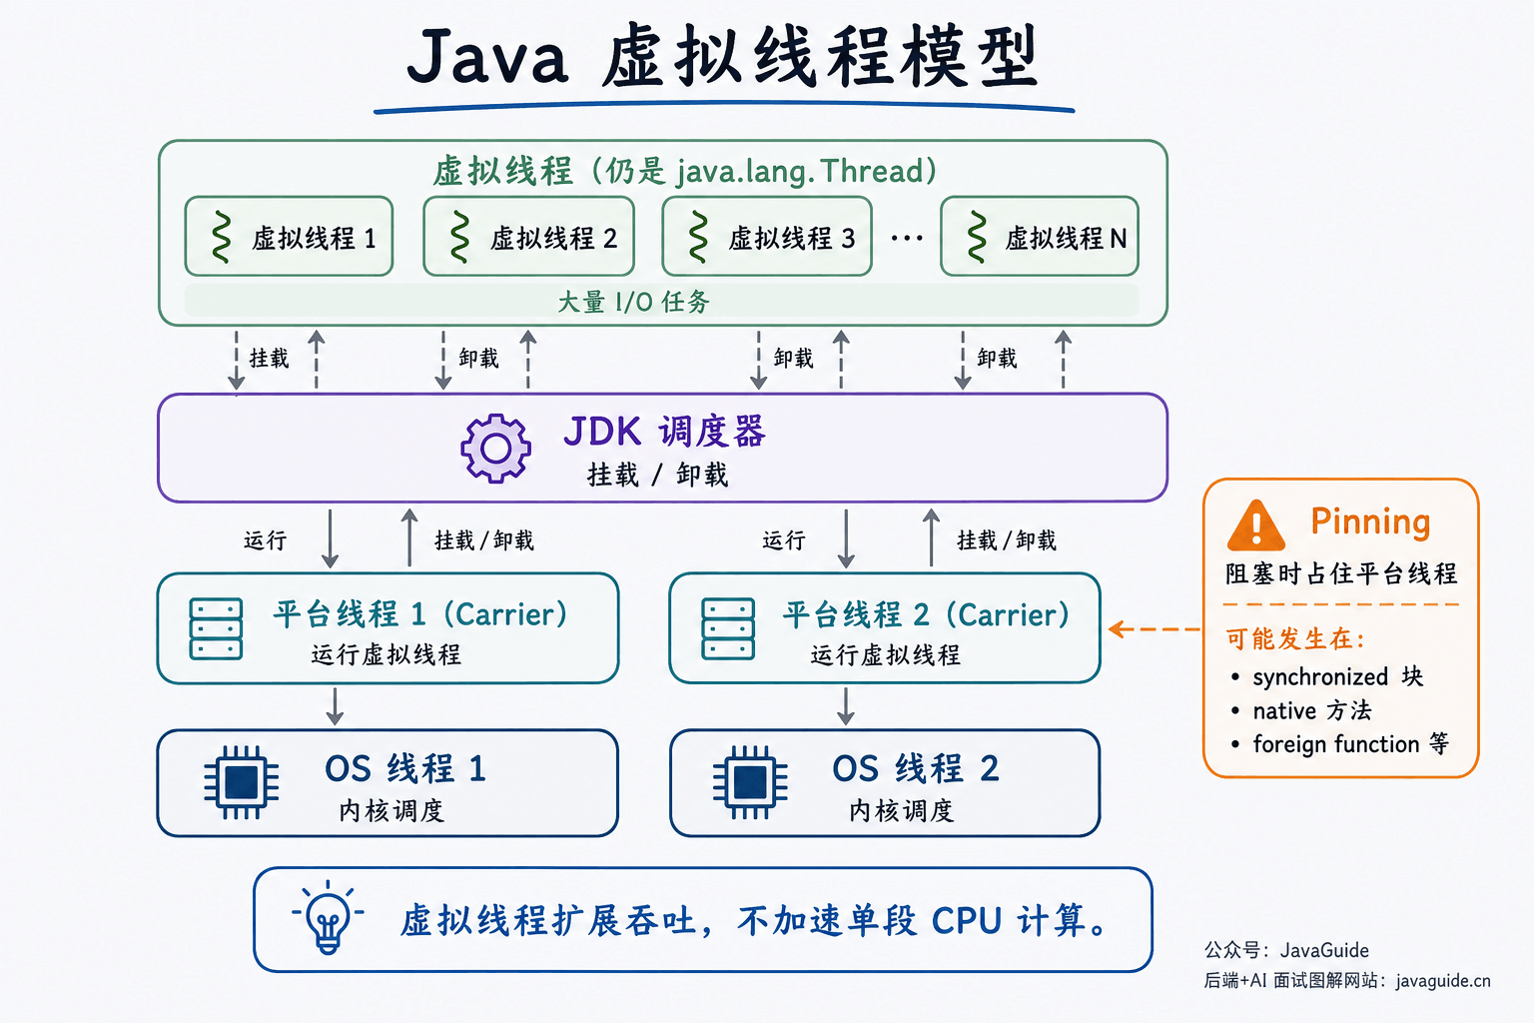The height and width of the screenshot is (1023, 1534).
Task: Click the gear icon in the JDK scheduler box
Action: (495, 449)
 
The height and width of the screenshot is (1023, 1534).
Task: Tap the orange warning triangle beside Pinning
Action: (1256, 526)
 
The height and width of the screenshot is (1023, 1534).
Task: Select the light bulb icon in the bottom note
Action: (328, 918)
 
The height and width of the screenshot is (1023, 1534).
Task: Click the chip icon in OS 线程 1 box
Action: (241, 782)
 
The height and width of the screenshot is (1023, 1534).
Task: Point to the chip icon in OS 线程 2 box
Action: (750, 782)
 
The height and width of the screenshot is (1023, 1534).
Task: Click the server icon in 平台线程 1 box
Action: (216, 629)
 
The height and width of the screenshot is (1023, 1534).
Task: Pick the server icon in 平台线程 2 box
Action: (728, 629)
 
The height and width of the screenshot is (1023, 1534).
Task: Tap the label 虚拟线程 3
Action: (792, 239)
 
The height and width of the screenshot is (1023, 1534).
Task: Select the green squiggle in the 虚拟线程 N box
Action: (977, 237)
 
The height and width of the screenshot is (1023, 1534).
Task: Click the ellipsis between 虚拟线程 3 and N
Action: (907, 239)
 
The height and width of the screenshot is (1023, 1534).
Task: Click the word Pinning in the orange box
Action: (1370, 522)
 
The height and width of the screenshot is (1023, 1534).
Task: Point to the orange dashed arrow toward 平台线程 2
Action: (1154, 629)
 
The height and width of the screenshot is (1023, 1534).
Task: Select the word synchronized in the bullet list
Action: (1320, 677)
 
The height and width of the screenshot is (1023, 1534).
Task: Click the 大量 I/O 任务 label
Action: (633, 302)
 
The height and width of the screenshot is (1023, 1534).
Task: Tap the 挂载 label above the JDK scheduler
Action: (269, 358)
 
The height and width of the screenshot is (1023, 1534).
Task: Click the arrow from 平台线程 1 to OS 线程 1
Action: (335, 706)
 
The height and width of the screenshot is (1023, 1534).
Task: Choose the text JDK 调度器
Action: (664, 432)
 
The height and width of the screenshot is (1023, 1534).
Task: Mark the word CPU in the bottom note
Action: (967, 920)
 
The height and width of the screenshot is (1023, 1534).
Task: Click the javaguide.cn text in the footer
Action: (1443, 981)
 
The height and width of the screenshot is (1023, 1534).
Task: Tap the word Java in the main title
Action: (487, 56)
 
